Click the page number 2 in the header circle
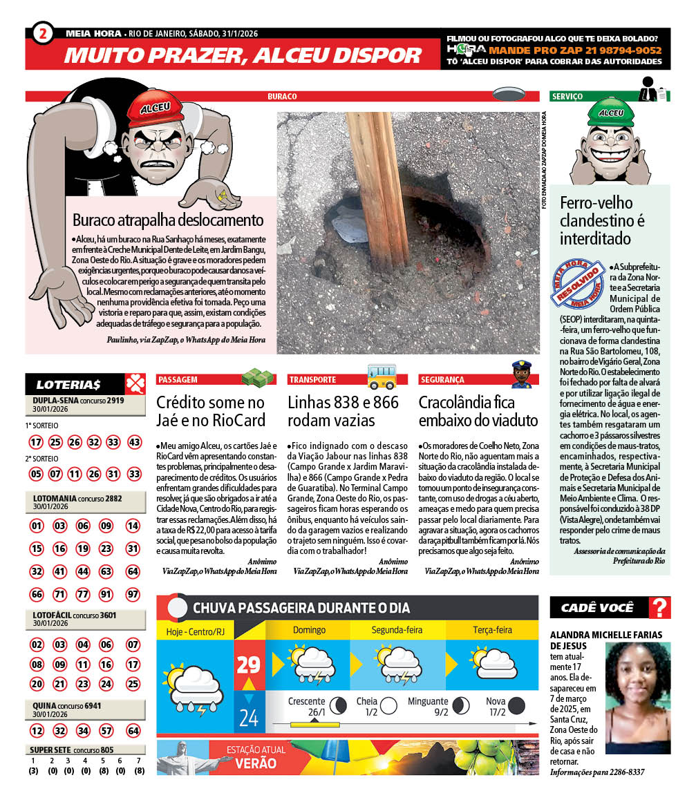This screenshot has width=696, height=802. [43, 33]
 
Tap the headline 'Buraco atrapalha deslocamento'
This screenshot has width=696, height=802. [168, 220]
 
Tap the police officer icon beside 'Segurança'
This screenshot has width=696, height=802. [520, 374]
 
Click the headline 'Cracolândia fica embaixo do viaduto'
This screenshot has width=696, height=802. [478, 411]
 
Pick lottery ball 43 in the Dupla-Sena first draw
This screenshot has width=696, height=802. [134, 442]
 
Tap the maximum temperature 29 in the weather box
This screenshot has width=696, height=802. [248, 665]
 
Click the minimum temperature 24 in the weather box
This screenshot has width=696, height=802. [248, 718]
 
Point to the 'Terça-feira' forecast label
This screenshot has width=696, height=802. [492, 630]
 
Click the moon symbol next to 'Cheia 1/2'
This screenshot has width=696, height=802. [389, 705]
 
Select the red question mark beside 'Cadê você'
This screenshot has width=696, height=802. [661, 608]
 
